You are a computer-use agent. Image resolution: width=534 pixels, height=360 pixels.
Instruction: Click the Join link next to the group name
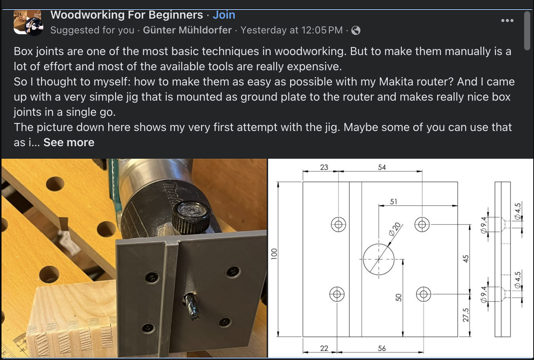(x=224, y=15)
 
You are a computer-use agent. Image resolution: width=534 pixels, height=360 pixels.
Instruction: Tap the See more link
(x=69, y=142)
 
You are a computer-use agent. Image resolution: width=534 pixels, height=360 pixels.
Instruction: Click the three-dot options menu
(x=507, y=21)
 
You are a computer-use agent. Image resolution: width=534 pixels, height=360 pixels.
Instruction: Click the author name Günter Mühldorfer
(x=187, y=30)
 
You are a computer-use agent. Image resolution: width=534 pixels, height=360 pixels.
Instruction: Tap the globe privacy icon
(x=356, y=30)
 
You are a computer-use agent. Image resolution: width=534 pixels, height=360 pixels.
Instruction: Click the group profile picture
(x=28, y=23)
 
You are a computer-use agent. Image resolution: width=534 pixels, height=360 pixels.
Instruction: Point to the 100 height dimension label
(x=274, y=254)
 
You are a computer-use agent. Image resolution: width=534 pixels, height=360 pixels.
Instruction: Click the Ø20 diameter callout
(x=395, y=229)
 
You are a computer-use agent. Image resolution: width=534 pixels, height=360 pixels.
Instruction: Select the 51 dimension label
(x=393, y=202)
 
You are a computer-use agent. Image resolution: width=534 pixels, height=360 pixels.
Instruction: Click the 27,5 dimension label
(x=466, y=315)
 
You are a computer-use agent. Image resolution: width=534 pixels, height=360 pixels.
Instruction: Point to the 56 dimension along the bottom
(x=382, y=348)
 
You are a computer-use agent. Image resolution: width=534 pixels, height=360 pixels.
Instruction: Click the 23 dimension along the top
(x=324, y=167)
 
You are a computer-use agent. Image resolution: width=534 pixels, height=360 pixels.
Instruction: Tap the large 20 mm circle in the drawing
(x=378, y=259)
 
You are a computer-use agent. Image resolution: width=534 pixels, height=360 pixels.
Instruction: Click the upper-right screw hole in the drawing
(x=422, y=224)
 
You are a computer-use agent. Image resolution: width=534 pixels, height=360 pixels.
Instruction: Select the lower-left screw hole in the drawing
(x=337, y=294)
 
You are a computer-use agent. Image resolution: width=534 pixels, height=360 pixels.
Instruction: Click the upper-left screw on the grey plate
(x=153, y=278)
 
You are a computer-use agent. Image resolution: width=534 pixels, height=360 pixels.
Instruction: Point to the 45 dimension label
(x=466, y=259)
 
